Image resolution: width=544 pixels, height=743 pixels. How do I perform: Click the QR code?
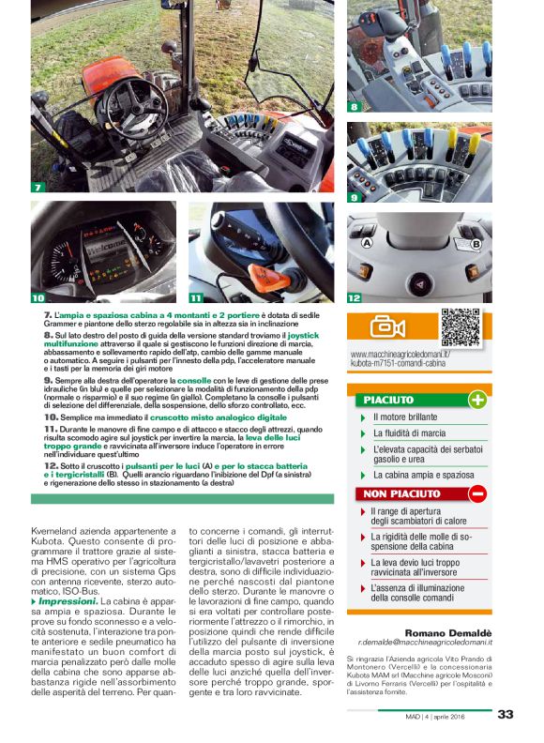461,326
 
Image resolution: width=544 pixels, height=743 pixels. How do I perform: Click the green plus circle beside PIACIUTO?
476,401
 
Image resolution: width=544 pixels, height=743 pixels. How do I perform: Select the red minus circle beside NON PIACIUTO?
476,493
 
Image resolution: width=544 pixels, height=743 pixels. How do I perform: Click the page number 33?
506,714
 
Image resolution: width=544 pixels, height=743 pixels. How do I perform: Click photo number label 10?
38,297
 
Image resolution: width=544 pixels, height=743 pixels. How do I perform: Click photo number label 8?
355,107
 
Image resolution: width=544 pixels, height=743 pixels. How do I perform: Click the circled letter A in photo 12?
367,243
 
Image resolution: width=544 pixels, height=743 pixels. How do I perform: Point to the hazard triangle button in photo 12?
420,281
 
